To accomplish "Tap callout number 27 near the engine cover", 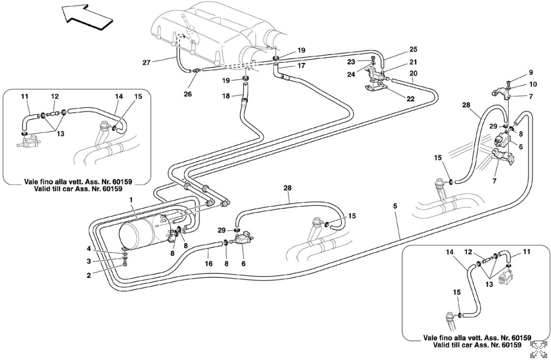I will tap(146, 62).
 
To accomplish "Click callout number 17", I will tap(301, 65).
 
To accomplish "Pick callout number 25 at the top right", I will tap(413, 50).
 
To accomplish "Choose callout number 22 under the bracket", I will tap(410, 98).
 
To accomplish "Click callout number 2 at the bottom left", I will tap(89, 276).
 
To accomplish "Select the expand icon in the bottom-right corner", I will tap(539, 349).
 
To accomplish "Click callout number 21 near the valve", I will tap(413, 61).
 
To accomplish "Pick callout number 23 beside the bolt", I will tap(364, 62).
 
